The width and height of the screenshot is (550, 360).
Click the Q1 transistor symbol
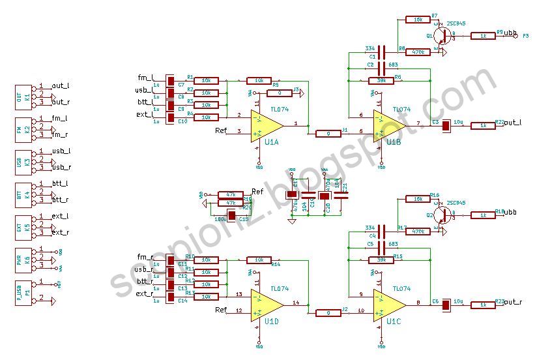442,36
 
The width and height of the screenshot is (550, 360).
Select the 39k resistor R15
382,260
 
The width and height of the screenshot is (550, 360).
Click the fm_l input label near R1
145,78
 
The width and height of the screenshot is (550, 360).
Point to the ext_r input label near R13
144,294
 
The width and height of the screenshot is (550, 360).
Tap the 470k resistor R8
418,52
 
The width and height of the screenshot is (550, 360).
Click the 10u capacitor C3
446,126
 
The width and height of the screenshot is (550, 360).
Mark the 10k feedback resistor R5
259,81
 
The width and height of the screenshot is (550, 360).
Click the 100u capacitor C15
231,213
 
